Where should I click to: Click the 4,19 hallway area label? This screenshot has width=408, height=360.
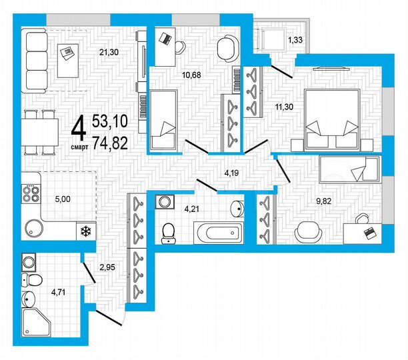[231, 173]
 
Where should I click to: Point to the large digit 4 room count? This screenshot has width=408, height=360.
[78, 127]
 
